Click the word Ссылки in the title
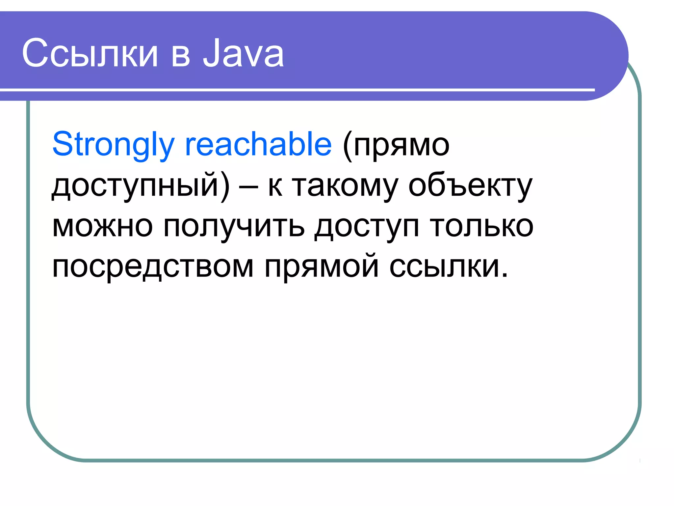[x=90, y=53]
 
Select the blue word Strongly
[x=113, y=144]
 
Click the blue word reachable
[x=258, y=144]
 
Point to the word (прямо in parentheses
[x=396, y=145]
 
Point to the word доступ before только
[x=367, y=227]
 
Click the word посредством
[x=153, y=267]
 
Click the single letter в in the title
[x=181, y=56]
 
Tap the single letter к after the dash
[x=275, y=188]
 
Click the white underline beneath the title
[x=296, y=90]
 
